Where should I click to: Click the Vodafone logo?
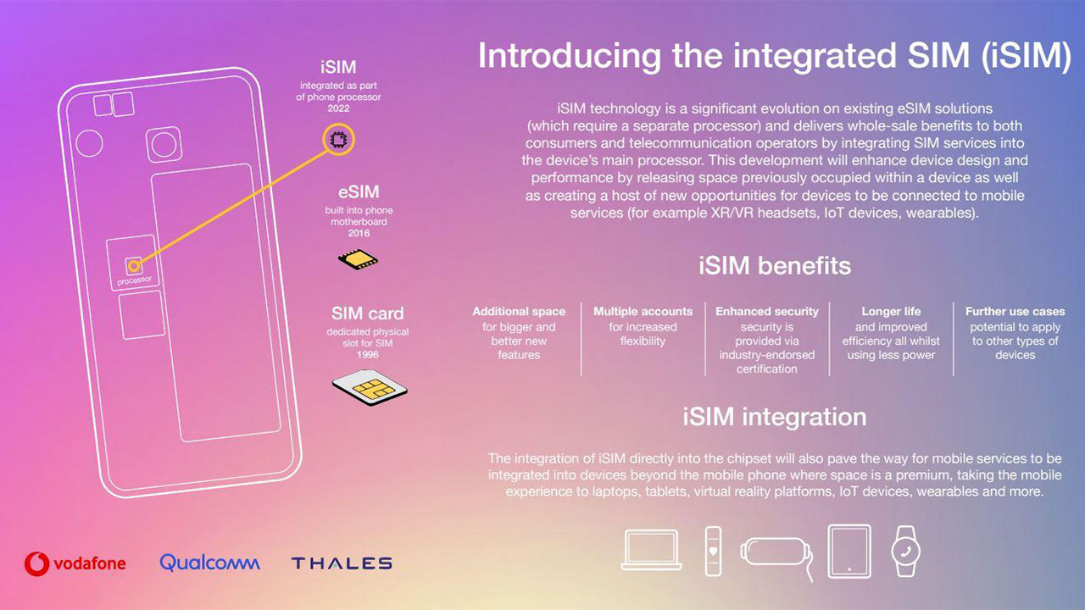coord(75,563)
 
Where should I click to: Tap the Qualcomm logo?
coord(209,563)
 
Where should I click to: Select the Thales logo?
coord(342,563)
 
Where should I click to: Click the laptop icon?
coord(652,550)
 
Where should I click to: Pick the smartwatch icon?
coord(905,551)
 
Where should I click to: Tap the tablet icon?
coord(849,552)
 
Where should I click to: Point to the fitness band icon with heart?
coord(713,551)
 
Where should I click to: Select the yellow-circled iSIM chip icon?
coord(338,140)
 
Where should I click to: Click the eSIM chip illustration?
coord(358,259)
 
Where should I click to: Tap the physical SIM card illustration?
coord(370,388)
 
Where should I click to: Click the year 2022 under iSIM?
coord(338,108)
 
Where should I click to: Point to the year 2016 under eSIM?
coord(359,233)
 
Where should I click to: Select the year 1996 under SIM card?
coord(368,355)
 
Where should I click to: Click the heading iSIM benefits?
coord(775,266)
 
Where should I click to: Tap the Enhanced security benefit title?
coord(767,311)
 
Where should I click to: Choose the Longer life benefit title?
coord(891,311)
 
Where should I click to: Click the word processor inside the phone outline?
coord(135,280)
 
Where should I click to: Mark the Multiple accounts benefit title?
coord(643,311)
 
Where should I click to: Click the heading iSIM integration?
coord(775,417)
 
